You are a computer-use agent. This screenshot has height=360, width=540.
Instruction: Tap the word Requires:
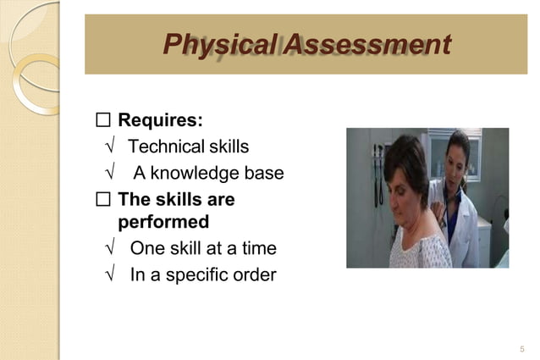[159, 118]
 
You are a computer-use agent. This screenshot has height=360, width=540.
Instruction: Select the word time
[257, 248]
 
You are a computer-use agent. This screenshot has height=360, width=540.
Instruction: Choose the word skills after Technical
[223, 147]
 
